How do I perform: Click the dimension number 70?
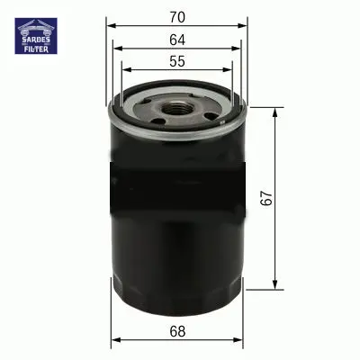tap(177, 17)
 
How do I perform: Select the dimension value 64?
tap(177, 40)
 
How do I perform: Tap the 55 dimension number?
tap(177, 61)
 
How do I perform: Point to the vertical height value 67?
tap(266, 197)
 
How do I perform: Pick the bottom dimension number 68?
tap(177, 332)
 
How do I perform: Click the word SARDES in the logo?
tap(36, 40)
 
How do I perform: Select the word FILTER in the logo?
tap(36, 49)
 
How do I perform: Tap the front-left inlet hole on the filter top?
tap(158, 121)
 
